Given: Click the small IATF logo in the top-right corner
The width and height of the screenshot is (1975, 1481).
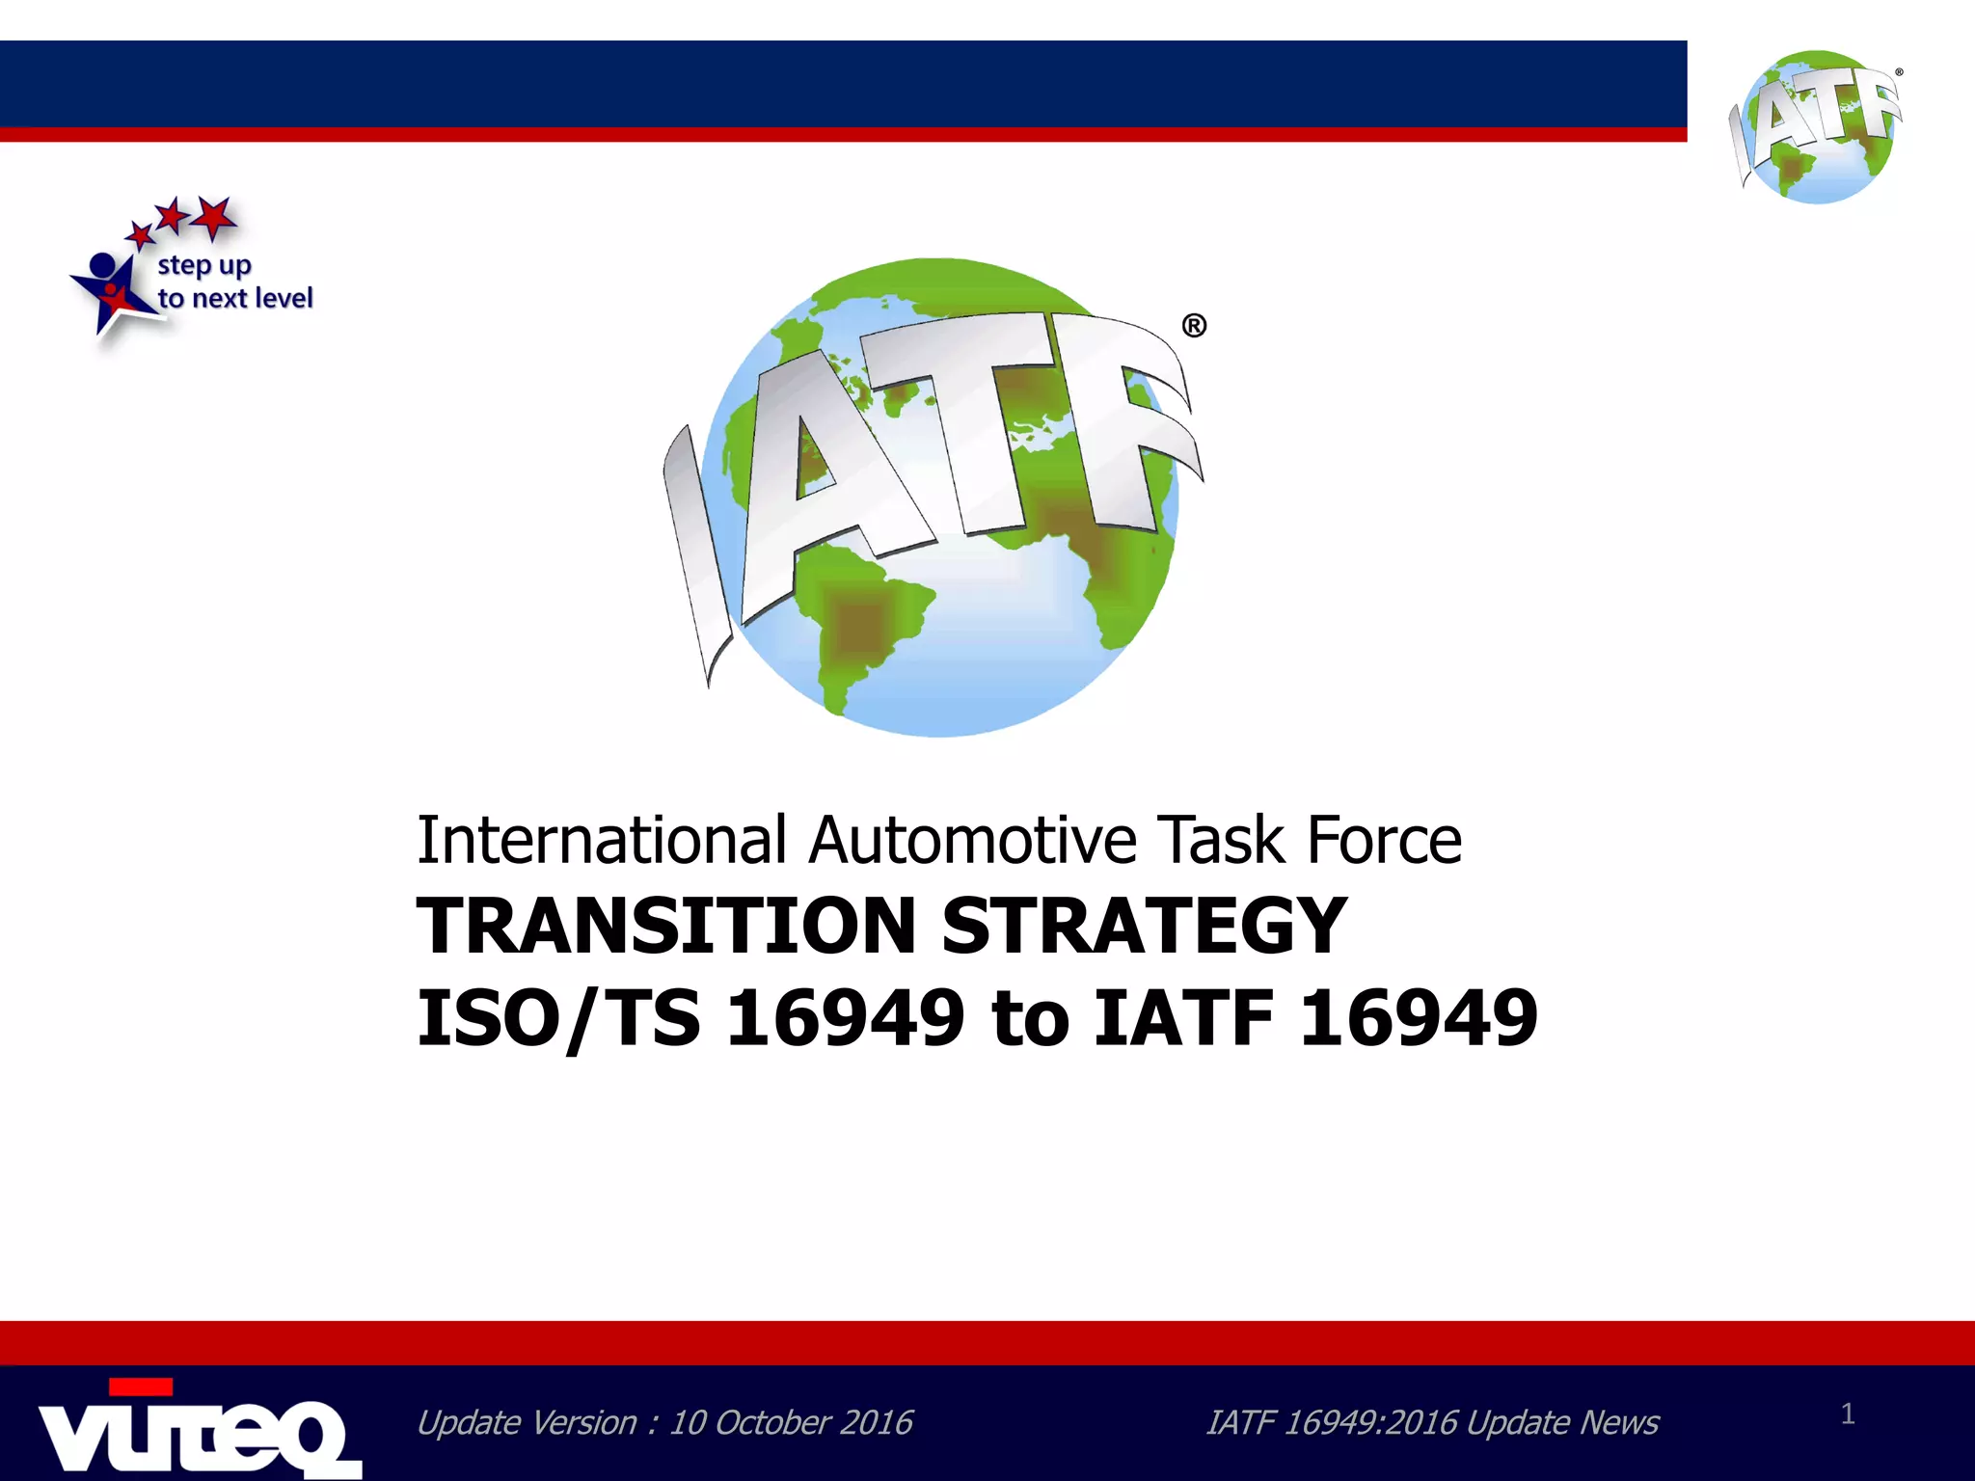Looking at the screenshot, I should click(x=1817, y=126).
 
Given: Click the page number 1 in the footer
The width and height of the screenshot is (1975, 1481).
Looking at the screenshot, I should click(x=1848, y=1414).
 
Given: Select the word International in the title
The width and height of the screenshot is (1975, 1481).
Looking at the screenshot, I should click(x=602, y=840).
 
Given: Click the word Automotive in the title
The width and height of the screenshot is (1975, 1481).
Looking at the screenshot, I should click(x=973, y=840).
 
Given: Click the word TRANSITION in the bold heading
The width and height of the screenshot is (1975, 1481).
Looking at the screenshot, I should click(x=665, y=926).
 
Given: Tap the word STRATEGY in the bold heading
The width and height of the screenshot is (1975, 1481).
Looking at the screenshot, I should click(x=1144, y=926).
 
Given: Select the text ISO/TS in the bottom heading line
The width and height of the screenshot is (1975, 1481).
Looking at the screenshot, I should click(x=558, y=1018).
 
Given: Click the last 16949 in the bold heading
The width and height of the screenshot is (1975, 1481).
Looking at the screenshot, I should click(x=1419, y=1018).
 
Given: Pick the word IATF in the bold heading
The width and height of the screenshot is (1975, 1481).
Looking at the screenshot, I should click(x=1184, y=1018).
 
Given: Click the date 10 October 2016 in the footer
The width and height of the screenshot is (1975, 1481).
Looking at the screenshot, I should click(x=791, y=1423).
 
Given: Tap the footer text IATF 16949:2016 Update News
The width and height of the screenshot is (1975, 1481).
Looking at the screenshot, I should click(x=1432, y=1423).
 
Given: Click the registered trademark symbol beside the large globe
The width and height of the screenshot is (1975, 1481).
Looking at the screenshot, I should click(x=1194, y=327).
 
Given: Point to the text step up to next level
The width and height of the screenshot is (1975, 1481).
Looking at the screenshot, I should click(x=234, y=282).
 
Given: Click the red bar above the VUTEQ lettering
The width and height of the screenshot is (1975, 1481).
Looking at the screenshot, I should click(x=141, y=1387).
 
